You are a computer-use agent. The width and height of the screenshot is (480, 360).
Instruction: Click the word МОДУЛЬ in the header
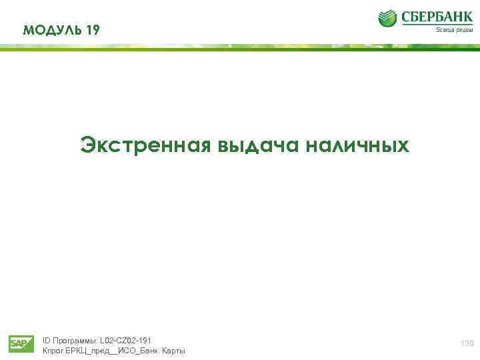coord(52,29)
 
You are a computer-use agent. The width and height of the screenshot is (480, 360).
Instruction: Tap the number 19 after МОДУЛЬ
coord(93,29)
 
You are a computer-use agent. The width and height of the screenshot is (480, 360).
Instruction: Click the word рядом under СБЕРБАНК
coord(464,29)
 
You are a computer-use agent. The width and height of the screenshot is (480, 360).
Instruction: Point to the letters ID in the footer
coord(46,340)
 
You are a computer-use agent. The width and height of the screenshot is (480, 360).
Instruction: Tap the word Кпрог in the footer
coord(53,351)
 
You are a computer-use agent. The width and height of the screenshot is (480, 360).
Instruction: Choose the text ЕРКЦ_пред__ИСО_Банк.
coord(113,351)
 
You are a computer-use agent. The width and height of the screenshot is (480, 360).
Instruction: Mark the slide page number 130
coord(466,343)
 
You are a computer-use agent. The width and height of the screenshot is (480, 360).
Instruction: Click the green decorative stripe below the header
coord(240,47)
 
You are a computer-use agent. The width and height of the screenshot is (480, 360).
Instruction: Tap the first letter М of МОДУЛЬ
coord(27,29)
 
